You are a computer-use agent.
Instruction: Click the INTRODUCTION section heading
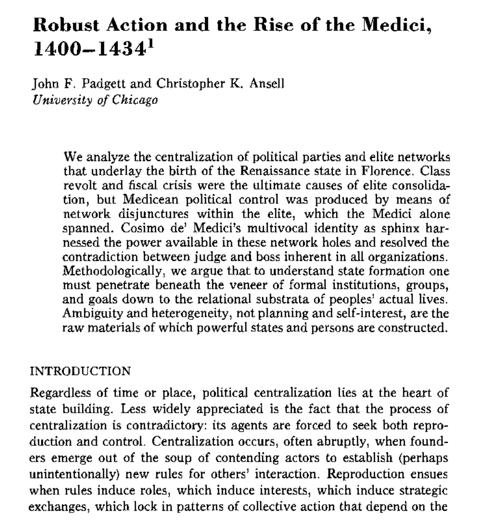coord(81,371)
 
